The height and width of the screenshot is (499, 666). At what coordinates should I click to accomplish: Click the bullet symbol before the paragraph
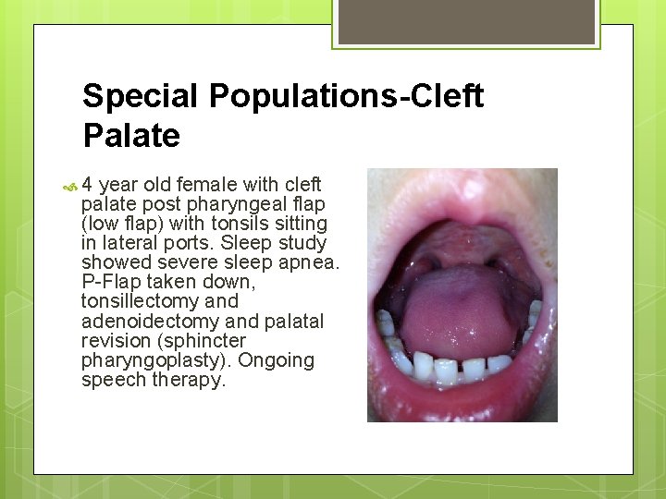click(68, 186)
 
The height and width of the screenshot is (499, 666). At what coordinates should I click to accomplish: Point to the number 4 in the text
click(88, 185)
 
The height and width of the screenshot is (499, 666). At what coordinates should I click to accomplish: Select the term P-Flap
click(111, 282)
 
